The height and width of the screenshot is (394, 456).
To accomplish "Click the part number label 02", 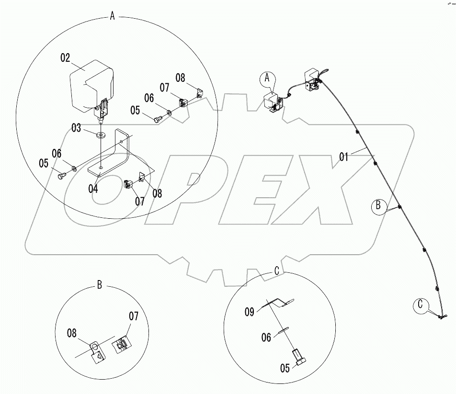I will (66, 58).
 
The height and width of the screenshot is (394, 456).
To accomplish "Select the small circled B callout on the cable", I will (378, 206).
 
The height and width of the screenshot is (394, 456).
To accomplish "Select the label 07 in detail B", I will (134, 316).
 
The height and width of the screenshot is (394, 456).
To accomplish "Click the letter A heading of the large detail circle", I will (112, 15).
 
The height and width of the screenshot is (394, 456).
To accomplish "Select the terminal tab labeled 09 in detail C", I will (278, 302).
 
